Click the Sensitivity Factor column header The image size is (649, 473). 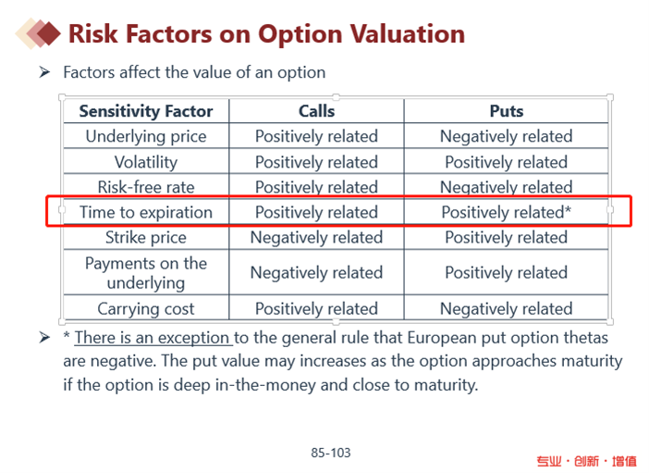pos(146,111)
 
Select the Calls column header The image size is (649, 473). pos(316,111)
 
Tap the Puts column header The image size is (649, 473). pos(506,111)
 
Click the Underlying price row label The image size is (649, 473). pos(146,136)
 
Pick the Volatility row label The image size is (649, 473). pos(146,162)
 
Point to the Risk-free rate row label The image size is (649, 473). pos(146,187)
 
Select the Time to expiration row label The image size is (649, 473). pos(146,212)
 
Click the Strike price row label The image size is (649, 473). pos(146,237)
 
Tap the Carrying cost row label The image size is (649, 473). pos(146,308)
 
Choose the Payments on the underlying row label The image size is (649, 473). pos(146,272)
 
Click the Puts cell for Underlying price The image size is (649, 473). pos(506,136)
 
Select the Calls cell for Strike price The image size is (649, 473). pos(316,237)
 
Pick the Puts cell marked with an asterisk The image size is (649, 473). pos(506,212)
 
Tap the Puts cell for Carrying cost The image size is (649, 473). pos(506,308)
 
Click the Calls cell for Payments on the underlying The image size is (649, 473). pos(316,272)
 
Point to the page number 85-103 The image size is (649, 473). pos(331,453)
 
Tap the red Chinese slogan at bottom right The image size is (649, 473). pos(586,460)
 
